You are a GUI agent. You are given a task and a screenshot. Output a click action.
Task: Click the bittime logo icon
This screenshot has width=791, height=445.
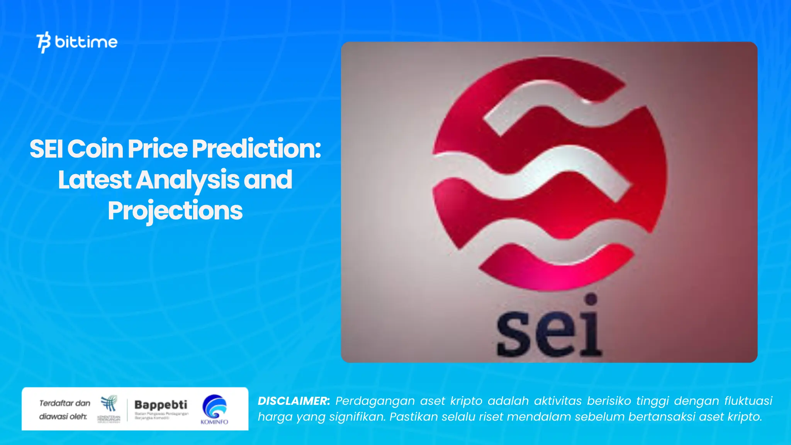44,42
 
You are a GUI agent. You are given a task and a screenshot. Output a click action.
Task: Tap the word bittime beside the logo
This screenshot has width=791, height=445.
86,42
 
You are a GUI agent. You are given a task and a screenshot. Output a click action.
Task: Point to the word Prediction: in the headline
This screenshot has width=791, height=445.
256,149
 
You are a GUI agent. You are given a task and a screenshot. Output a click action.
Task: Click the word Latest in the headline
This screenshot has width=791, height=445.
95,180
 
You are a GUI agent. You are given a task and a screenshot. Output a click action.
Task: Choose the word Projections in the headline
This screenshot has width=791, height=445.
175,211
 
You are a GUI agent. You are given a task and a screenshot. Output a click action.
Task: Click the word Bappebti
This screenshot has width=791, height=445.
161,405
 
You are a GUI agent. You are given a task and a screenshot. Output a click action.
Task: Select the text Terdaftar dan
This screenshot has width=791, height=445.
65,403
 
